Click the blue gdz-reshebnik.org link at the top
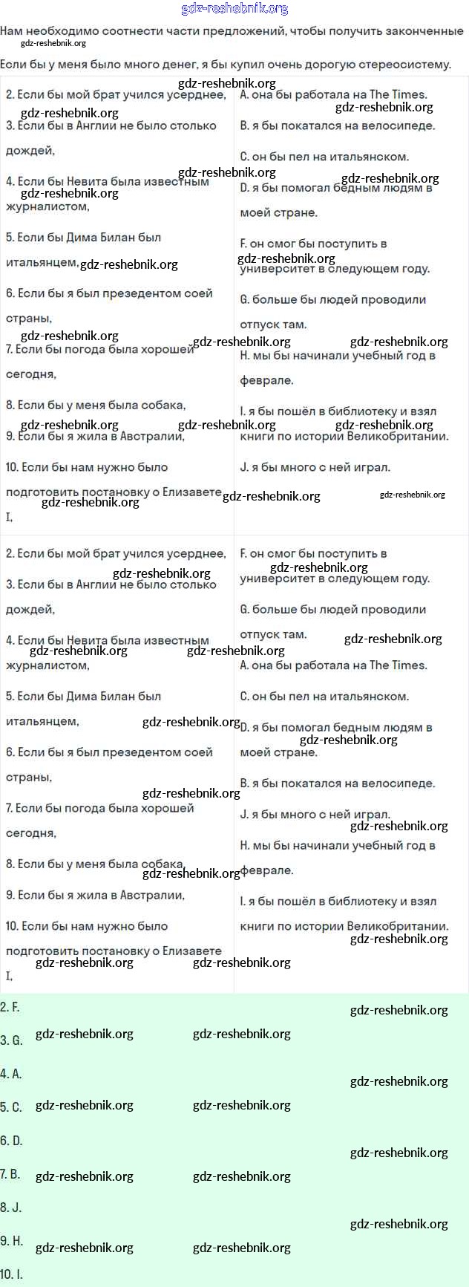pyautogui.click(x=234, y=9)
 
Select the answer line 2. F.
pyautogui.click(x=10, y=1007)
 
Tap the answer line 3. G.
pyautogui.click(x=11, y=1040)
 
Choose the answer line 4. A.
pyautogui.click(x=11, y=1074)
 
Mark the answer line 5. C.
pyautogui.click(x=11, y=1107)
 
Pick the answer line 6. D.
pyautogui.click(x=11, y=1141)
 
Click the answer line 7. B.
pyautogui.click(x=10, y=1174)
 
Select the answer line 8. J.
pyautogui.click(x=10, y=1208)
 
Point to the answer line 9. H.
pyautogui.click(x=11, y=1241)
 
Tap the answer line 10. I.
pyautogui.click(x=12, y=1274)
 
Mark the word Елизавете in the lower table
pyautogui.click(x=188, y=951)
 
